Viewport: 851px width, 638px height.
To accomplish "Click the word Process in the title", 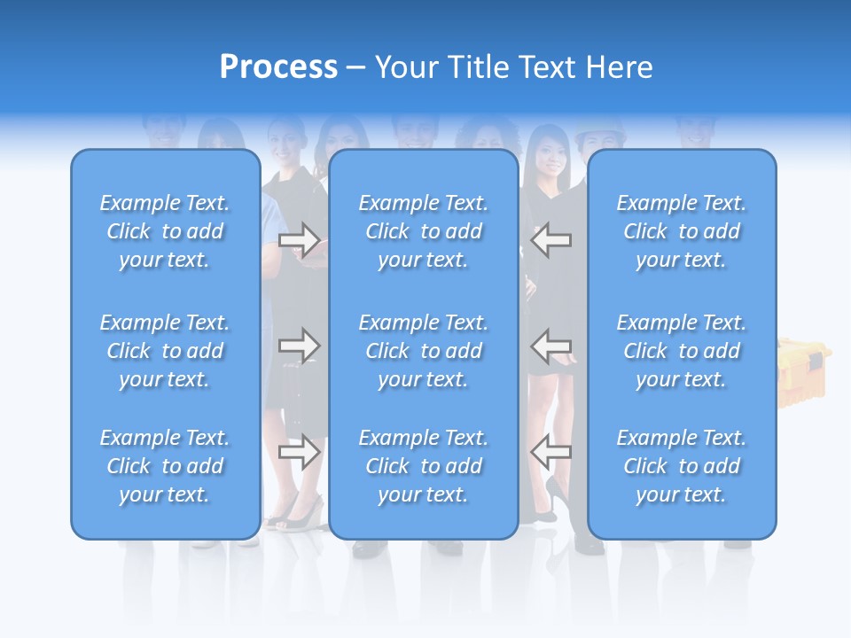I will pyautogui.click(x=278, y=67).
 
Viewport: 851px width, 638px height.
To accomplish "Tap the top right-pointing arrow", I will pyautogui.click(x=300, y=239).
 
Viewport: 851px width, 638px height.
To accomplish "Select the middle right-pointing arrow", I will pyautogui.click(x=300, y=345).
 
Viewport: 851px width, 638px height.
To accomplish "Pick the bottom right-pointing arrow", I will pyautogui.click(x=300, y=452).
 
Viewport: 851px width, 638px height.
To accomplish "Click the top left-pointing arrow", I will pyautogui.click(x=551, y=239).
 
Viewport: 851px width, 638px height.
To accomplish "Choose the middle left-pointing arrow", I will pyautogui.click(x=551, y=345).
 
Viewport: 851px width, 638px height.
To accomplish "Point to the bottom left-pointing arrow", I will pyautogui.click(x=551, y=452).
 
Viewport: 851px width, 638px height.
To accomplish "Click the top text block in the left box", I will pyautogui.click(x=165, y=231).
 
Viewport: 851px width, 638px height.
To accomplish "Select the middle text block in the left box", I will pyautogui.click(x=165, y=351).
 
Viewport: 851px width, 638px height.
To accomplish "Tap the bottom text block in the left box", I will pyautogui.click(x=165, y=466).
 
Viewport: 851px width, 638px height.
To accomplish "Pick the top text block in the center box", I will pyautogui.click(x=424, y=231).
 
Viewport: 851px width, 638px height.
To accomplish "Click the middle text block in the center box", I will pyautogui.click(x=424, y=351).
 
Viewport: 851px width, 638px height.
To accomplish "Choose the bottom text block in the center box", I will pyautogui.click(x=424, y=466).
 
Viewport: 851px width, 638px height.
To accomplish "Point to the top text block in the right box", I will pyautogui.click(x=682, y=231).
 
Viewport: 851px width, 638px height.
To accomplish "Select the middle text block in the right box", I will pyautogui.click(x=682, y=351).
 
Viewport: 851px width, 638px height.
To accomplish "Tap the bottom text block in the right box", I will pyautogui.click(x=682, y=466).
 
